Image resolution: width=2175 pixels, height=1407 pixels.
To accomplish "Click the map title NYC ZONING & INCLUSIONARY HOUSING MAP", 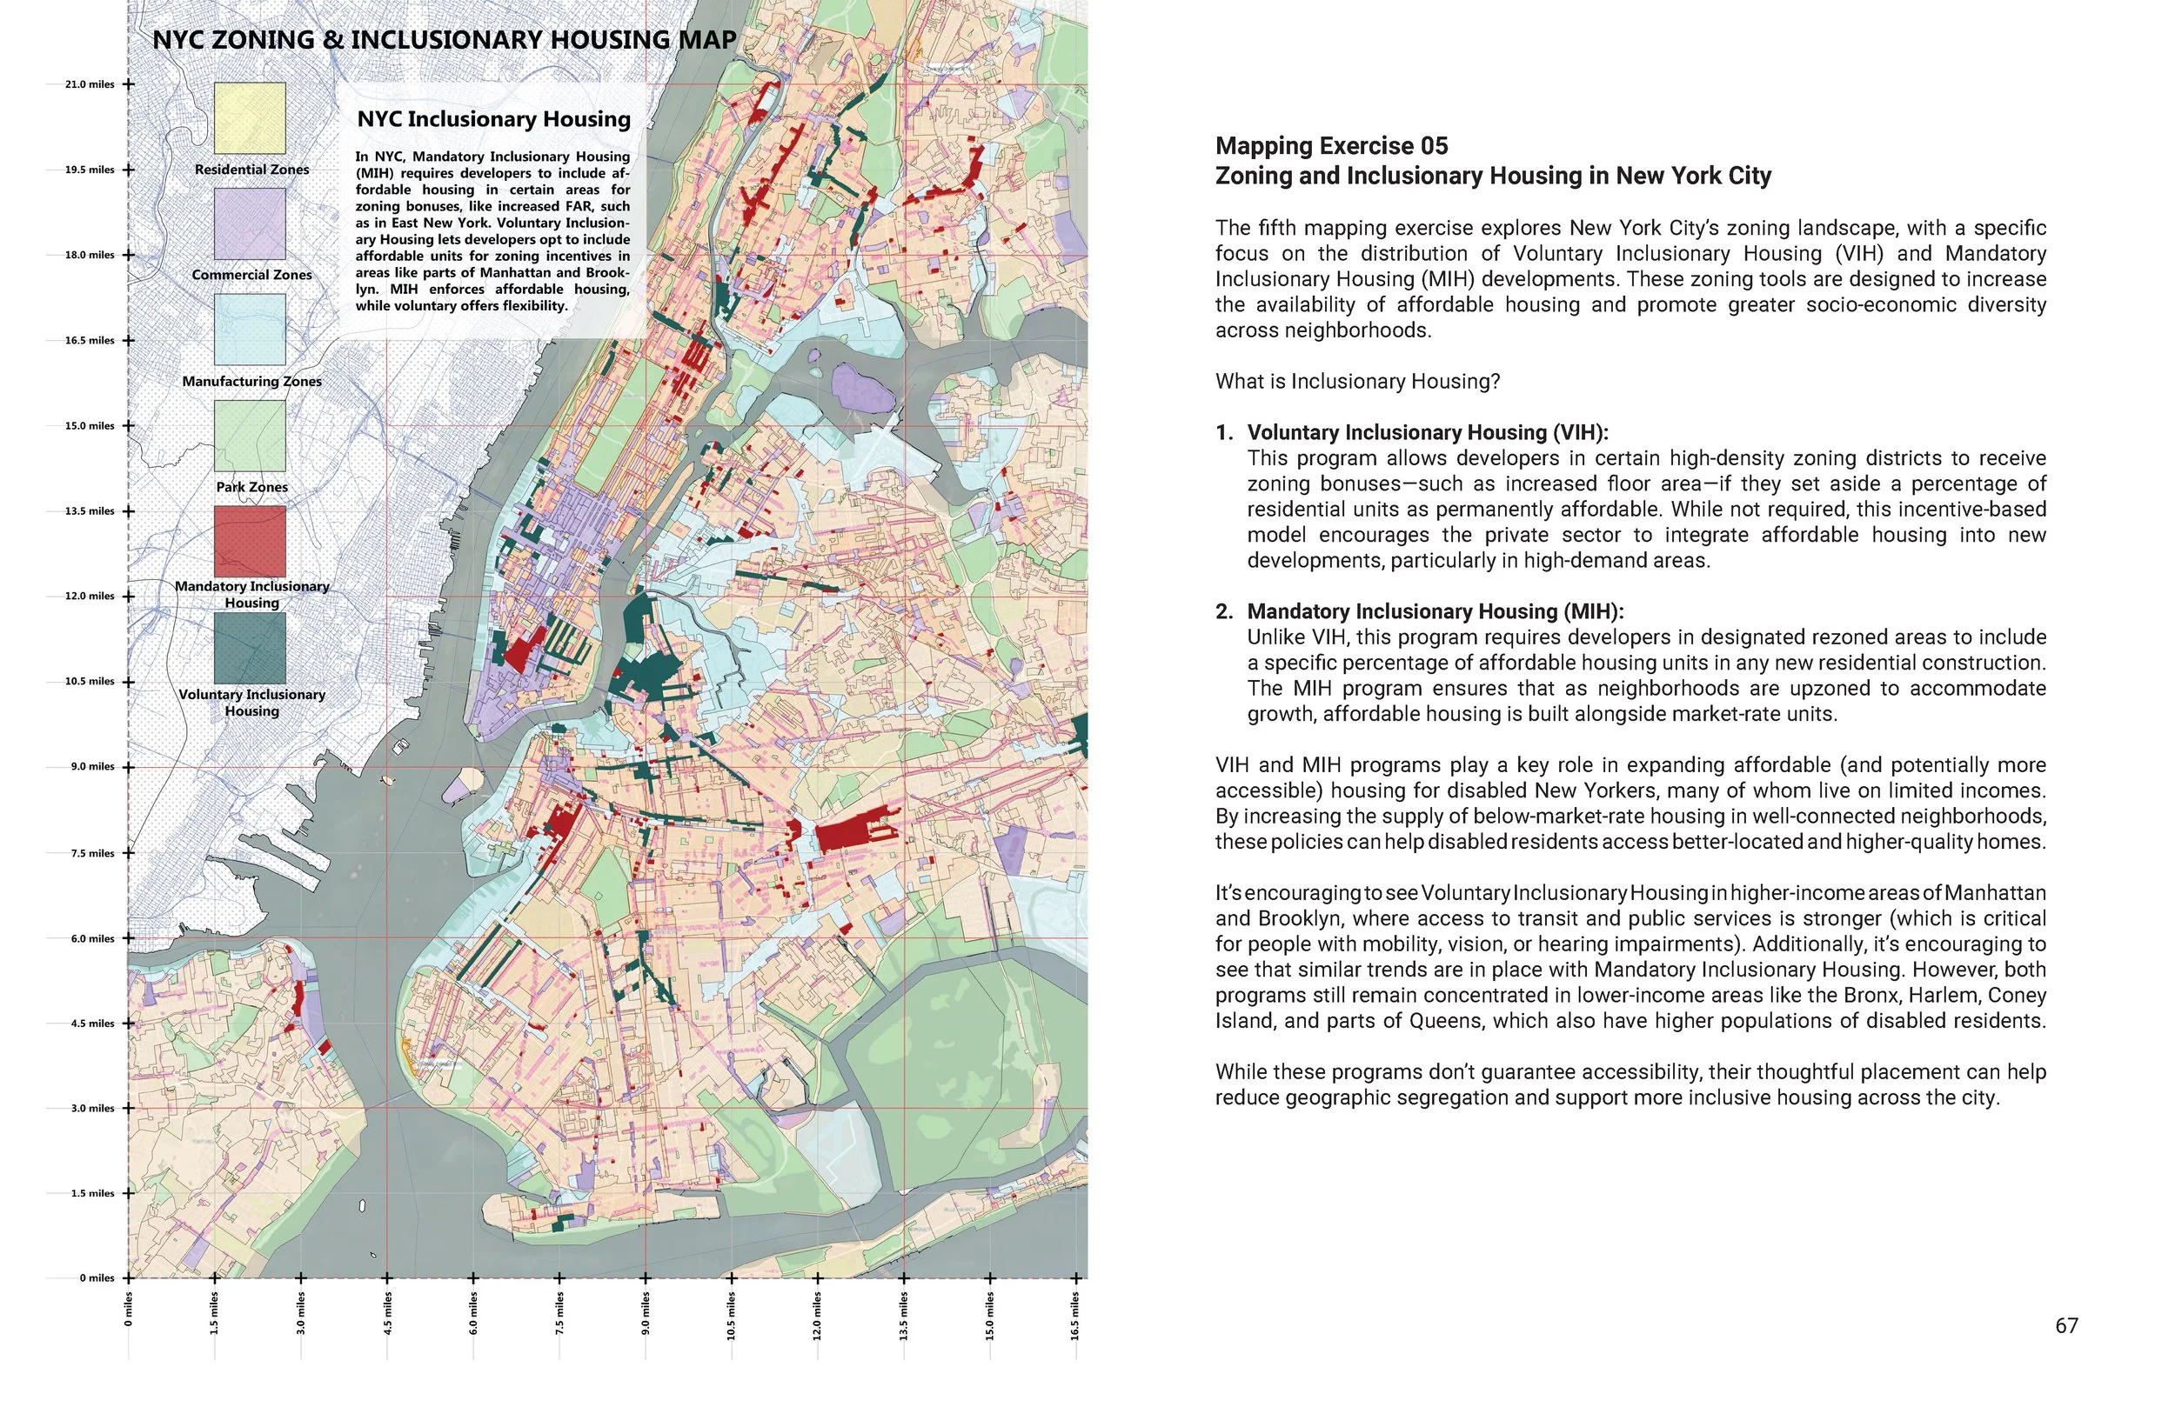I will tap(445, 40).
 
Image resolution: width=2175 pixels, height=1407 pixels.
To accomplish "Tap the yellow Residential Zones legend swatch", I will tap(250, 118).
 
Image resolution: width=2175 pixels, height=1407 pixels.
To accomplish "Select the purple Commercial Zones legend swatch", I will tap(250, 223).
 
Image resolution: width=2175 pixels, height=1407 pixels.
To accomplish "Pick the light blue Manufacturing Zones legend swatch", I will tap(250, 330).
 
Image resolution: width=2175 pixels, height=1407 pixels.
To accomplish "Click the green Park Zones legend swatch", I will tap(250, 436).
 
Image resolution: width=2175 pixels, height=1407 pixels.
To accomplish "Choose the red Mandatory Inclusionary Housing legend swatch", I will tap(250, 542).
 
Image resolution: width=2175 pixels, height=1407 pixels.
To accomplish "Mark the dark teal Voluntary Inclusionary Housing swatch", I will tap(250, 648).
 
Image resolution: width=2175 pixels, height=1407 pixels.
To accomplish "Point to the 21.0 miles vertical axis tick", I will tap(128, 84).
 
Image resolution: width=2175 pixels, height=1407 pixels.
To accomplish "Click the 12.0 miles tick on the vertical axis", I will tap(128, 597).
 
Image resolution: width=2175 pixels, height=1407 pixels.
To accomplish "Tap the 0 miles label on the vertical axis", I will tap(96, 1278).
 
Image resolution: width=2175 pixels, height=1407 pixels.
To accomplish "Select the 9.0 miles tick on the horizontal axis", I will tap(646, 1278).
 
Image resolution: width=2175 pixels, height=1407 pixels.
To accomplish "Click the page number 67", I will tap(2066, 1325).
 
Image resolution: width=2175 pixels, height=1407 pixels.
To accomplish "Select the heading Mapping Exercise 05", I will tap(1330, 146).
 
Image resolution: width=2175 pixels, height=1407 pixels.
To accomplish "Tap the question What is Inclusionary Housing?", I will tap(1357, 381).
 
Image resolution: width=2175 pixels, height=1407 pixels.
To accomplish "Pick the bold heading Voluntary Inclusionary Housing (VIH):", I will tap(1427, 432).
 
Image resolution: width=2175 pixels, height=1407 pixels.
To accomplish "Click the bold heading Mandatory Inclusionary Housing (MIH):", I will tap(1435, 611).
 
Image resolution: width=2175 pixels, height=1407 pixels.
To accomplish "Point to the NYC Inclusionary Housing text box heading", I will tap(493, 120).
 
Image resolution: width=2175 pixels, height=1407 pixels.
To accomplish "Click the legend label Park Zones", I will tap(251, 487).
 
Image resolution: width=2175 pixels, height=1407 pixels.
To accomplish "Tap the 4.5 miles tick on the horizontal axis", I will tap(386, 1278).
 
